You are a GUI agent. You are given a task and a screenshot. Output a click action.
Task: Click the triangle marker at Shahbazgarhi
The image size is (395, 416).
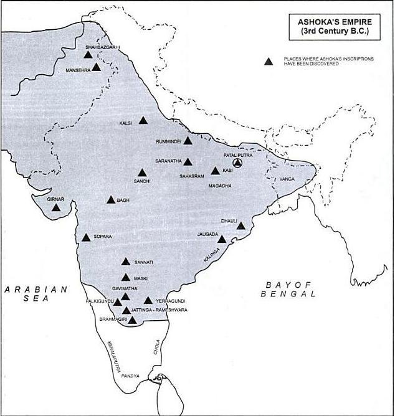[x=88, y=55]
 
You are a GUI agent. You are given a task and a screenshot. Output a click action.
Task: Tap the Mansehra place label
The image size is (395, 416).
[x=79, y=71]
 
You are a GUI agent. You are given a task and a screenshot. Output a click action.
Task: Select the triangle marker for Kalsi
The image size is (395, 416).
[x=143, y=121]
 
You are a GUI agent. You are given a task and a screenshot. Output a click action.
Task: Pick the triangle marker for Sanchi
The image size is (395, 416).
[x=142, y=173]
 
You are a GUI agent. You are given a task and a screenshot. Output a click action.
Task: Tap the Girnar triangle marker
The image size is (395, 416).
[x=57, y=207]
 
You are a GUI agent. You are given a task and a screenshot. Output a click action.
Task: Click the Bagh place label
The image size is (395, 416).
[x=123, y=201]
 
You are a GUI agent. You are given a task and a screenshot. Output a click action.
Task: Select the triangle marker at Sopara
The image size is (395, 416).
[x=86, y=237]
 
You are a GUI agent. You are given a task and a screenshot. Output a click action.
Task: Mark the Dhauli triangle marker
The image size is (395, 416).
[x=241, y=226]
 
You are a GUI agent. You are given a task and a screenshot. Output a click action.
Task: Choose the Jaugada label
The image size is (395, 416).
[x=207, y=234]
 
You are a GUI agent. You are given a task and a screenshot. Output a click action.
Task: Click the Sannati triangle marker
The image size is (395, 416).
[x=126, y=262]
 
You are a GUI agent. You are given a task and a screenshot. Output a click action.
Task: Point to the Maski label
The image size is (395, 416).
[x=140, y=278]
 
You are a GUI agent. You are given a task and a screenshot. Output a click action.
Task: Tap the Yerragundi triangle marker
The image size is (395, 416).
[x=148, y=300]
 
